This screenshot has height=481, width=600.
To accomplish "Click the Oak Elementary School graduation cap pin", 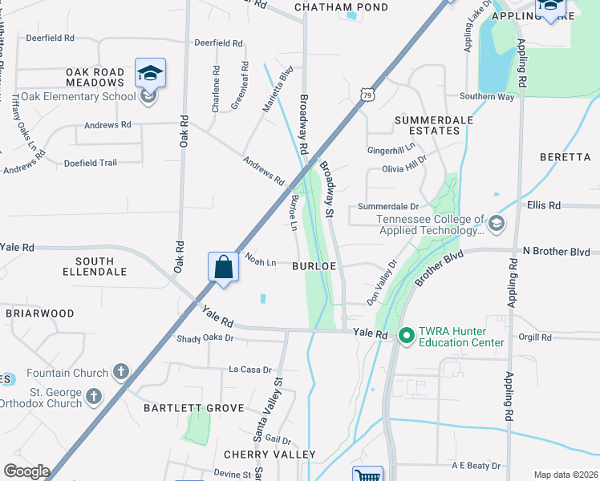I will [150, 75].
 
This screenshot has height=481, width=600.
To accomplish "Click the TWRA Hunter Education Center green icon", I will [406, 335].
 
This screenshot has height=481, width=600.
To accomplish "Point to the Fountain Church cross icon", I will [120, 371].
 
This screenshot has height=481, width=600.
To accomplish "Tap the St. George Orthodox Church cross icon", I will [95, 396].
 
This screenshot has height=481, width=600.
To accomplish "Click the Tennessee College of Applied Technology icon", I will [497, 222].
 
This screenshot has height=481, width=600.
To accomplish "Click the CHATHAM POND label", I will [341, 7].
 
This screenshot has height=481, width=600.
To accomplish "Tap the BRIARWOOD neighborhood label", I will [40, 313].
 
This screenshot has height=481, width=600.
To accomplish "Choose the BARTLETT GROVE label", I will [193, 408].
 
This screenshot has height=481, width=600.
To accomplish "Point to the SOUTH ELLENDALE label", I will [100, 266].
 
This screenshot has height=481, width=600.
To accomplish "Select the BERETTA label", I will [565, 157].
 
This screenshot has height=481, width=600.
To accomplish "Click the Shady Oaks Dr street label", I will [205, 339].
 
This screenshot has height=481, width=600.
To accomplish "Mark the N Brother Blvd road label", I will [555, 252].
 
